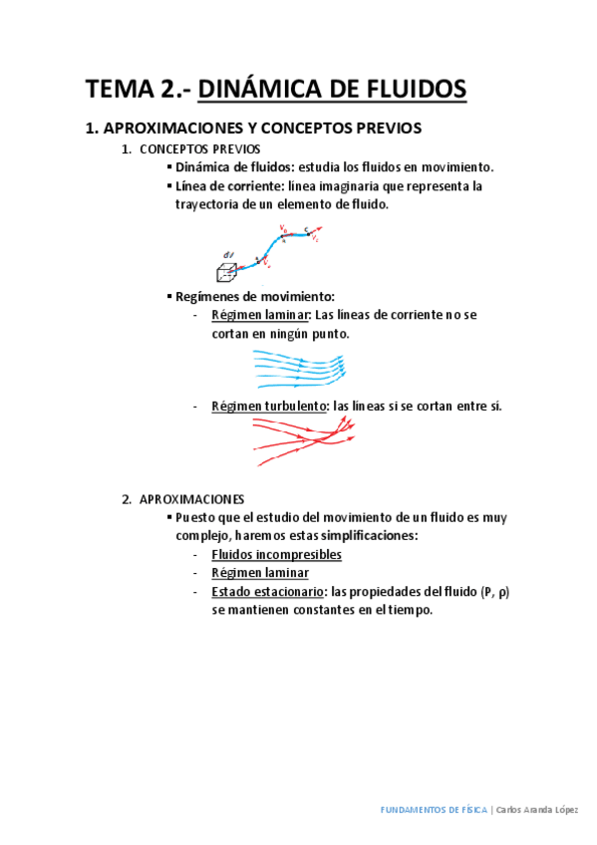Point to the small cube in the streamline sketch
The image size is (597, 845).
[227, 271]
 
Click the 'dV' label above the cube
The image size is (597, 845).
[229, 254]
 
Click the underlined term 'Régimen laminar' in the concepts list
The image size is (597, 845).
[260, 316]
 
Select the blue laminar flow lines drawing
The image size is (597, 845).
[298, 369]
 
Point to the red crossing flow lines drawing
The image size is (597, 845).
[304, 438]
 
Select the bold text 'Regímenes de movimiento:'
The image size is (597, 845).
[255, 297]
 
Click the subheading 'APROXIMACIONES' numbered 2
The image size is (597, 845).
[192, 499]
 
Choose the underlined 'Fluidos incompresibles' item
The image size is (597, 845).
[276, 555]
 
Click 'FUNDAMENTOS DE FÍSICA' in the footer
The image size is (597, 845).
[434, 810]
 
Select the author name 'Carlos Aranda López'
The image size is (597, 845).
[537, 810]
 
